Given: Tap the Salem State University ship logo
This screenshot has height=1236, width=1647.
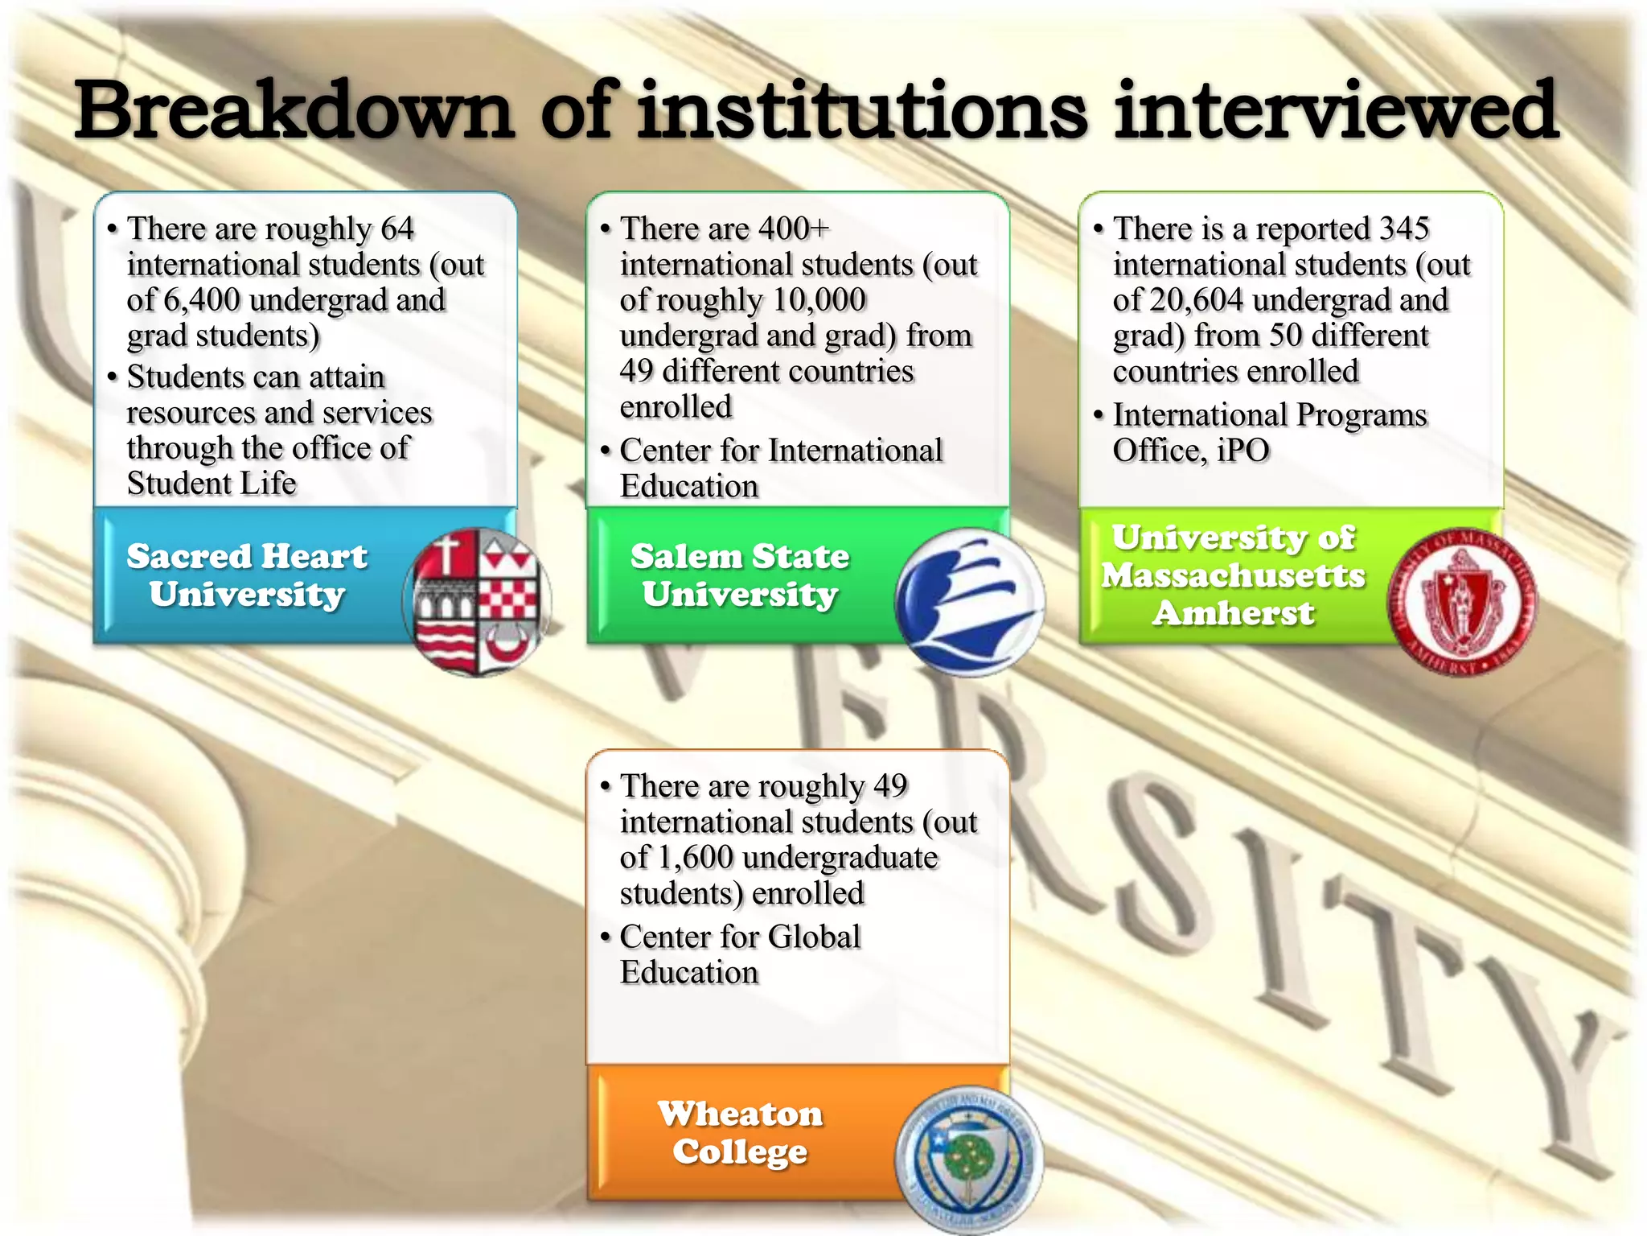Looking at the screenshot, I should (x=970, y=602).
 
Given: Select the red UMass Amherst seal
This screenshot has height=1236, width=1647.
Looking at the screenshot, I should (x=1461, y=602).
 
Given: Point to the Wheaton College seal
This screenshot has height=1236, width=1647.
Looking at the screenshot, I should (x=969, y=1159).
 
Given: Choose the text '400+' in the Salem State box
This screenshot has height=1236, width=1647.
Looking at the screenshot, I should (x=793, y=229).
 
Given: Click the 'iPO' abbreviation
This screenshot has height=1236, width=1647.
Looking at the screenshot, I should (x=1242, y=451).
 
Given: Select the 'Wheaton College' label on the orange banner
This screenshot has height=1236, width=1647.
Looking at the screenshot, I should (x=740, y=1133).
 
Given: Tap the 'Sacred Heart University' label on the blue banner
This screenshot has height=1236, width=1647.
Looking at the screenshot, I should (x=247, y=575).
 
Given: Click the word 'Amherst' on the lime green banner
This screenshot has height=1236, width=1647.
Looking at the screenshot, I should (x=1234, y=613).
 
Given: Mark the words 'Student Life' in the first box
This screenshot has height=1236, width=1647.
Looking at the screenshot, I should (x=212, y=484).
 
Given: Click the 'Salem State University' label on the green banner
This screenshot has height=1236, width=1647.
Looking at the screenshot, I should (x=740, y=575).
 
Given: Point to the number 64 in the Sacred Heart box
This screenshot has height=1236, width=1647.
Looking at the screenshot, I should (x=397, y=229).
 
